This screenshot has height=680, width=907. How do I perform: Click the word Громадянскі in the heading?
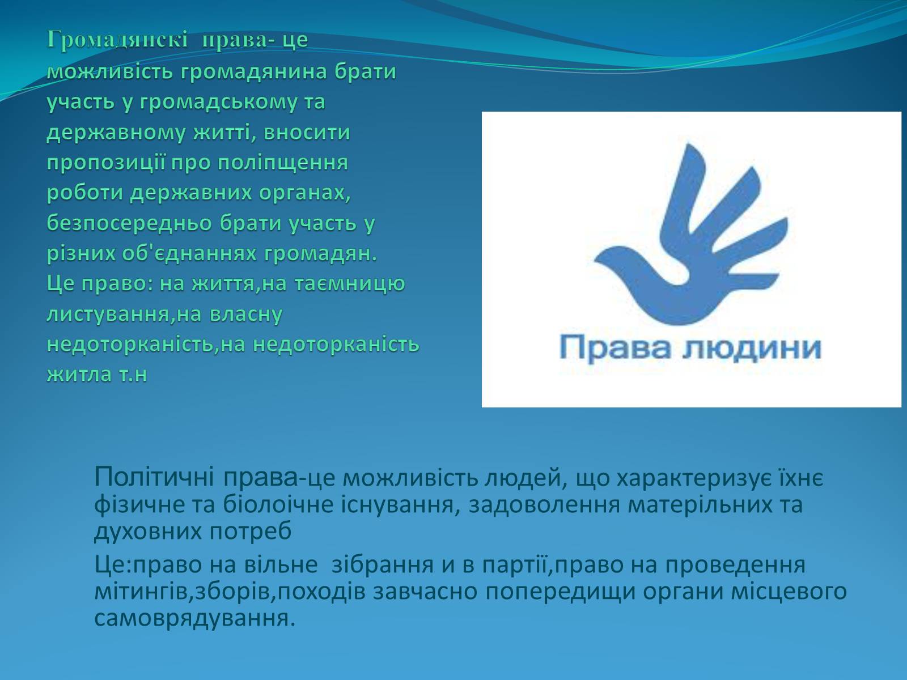(117, 40)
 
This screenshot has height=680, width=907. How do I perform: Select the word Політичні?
(154, 477)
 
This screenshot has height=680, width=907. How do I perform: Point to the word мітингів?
(141, 592)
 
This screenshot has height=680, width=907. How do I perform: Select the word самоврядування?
(195, 619)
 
